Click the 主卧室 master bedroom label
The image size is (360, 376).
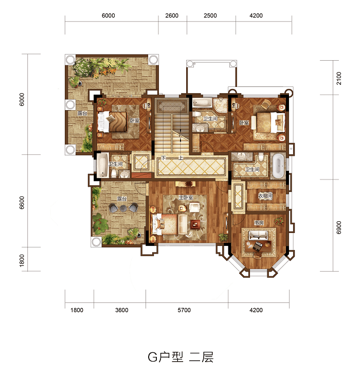186,198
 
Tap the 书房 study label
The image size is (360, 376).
259,223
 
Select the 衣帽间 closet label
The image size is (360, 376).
265,196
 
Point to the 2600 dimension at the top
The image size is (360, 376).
172,15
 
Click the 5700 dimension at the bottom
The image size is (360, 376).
184,310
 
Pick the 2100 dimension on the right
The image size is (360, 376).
339,78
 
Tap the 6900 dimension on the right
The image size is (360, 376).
339,227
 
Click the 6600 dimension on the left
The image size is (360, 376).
22,203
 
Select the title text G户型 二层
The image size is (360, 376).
181,357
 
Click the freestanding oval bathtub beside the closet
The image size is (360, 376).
278,166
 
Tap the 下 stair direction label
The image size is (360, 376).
164,157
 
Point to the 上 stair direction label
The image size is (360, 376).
181,157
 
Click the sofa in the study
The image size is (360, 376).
258,235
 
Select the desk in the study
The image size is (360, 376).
258,246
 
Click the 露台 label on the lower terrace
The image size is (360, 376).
122,199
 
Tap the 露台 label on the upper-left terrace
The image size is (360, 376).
82,113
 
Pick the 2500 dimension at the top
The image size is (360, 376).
210,15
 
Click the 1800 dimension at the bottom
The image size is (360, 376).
77,310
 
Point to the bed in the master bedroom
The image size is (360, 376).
165,224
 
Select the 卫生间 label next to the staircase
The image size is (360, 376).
210,119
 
